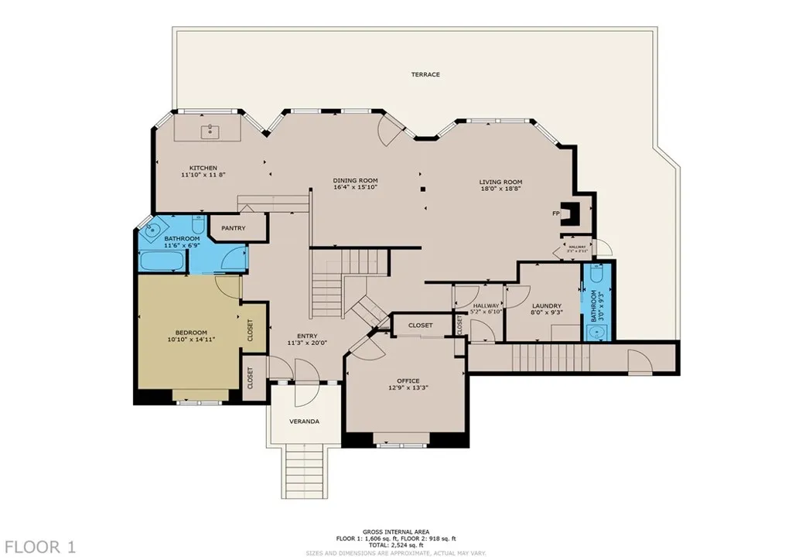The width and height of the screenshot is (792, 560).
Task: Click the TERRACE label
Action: point(425,74)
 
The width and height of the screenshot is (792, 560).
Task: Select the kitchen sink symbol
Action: point(210,131)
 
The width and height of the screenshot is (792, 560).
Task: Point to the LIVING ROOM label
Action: point(500,181)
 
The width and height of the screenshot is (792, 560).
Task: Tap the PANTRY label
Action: point(233,228)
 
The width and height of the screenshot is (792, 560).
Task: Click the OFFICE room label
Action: point(408,381)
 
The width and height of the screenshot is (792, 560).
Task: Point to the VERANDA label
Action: point(304,422)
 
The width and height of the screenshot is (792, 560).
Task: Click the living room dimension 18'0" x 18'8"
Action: point(500,188)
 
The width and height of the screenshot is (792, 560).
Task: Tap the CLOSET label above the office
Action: point(420,326)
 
